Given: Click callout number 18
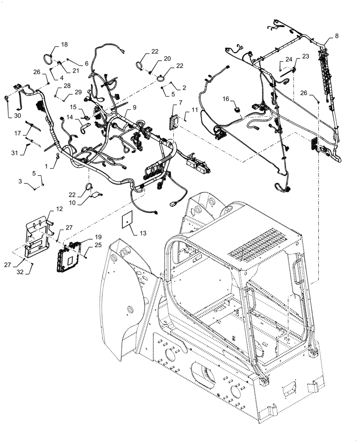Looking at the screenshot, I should (64, 45).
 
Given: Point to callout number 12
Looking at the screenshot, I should (59, 208).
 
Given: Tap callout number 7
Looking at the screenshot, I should (180, 103).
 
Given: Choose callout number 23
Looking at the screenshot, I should (305, 56).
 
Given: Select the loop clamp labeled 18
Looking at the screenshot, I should (47, 58).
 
